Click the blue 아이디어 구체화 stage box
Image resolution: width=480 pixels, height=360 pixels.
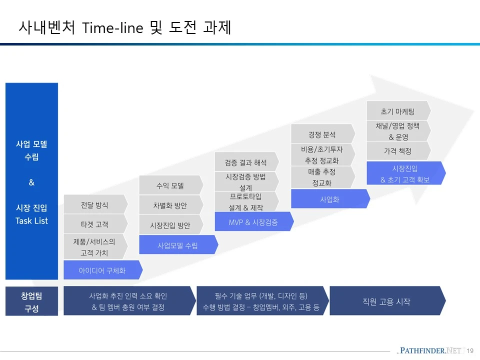(102, 270)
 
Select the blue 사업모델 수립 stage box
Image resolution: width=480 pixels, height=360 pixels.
(177, 245)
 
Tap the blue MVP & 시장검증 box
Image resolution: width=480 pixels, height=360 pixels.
(253, 222)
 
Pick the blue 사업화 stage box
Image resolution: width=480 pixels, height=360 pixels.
(329, 199)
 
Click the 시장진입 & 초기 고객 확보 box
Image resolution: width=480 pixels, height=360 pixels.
(405, 173)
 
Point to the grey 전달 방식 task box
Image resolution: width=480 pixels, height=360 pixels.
(94, 204)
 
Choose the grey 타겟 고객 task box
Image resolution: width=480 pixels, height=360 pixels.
(94, 224)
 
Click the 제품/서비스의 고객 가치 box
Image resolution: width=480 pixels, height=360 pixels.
(94, 247)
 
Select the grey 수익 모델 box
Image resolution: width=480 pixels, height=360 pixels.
(170, 185)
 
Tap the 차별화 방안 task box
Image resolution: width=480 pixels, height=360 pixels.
(170, 205)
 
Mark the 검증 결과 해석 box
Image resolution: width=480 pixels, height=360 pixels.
(246, 162)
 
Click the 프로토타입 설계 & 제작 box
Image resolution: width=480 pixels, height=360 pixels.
(246, 201)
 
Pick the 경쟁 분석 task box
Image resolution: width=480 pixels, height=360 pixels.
(322, 134)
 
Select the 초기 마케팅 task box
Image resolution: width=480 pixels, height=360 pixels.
(397, 111)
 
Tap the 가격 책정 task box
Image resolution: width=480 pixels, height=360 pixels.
(397, 150)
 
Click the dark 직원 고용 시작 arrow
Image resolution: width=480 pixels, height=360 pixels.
(386, 301)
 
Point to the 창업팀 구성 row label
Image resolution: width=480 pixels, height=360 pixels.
(31, 301)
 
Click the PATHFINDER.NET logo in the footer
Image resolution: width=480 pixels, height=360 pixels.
(431, 350)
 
